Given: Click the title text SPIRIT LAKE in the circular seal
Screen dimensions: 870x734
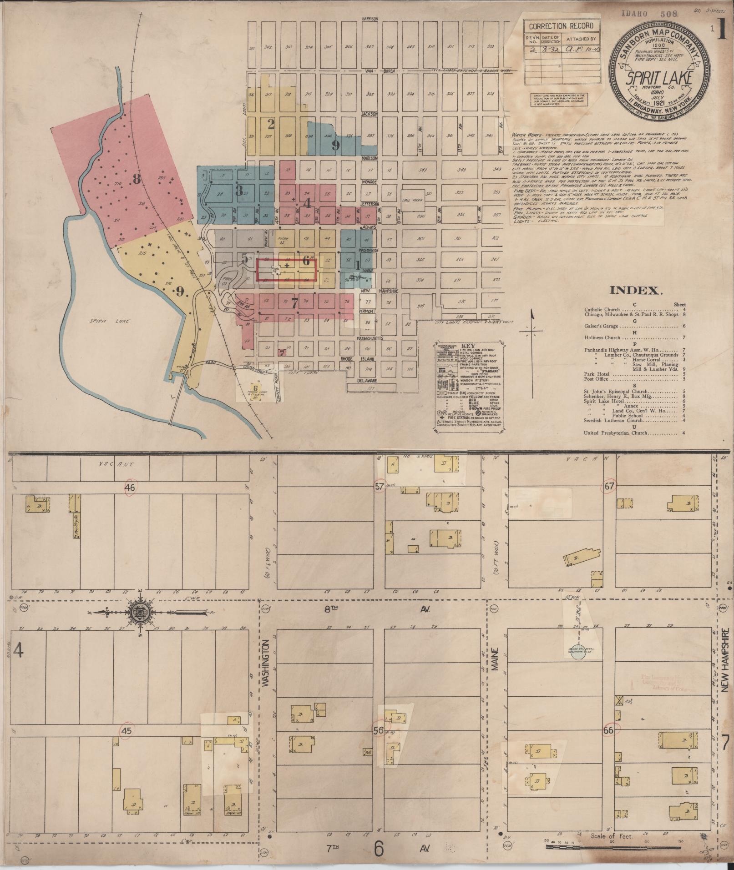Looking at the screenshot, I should point(659,78).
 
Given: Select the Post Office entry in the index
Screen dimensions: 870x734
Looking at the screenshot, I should point(597,379).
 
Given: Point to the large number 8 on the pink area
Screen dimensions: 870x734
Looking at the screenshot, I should point(136,179).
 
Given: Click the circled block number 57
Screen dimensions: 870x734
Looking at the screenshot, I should point(379,486).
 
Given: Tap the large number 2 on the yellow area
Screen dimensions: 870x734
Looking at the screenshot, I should point(271,123).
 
